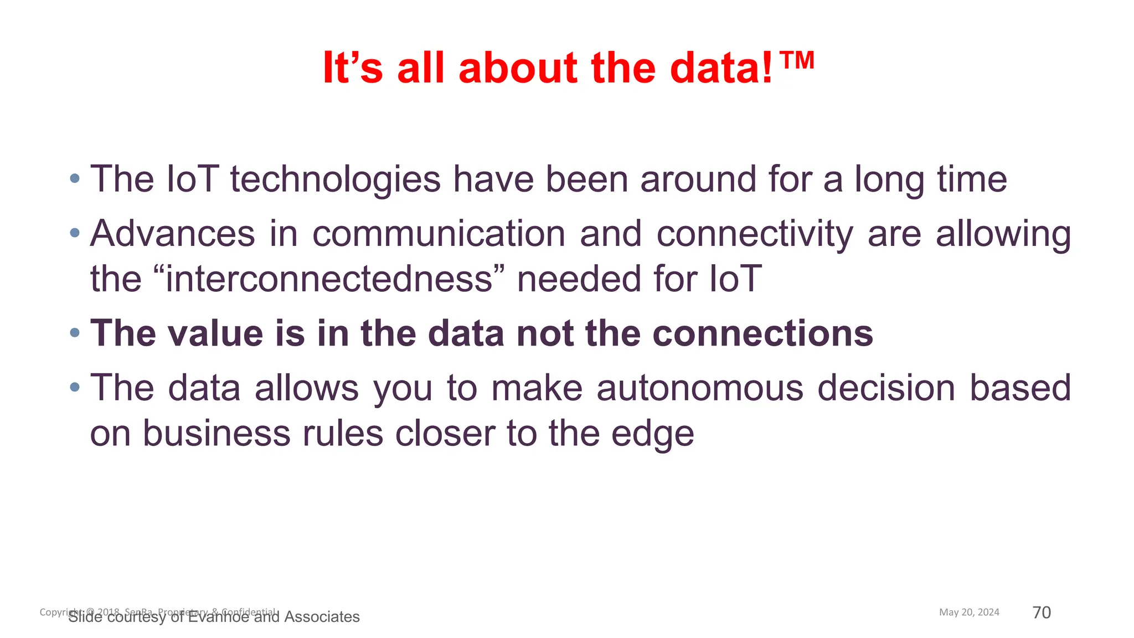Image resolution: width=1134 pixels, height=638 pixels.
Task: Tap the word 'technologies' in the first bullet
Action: pos(336,179)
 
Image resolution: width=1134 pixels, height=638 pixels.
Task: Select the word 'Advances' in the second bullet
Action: pos(173,234)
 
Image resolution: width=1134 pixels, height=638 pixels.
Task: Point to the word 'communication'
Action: pos(439,234)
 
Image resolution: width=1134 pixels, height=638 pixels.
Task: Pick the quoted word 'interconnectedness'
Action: pos(329,279)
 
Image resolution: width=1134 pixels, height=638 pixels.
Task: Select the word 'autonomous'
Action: pos(700,388)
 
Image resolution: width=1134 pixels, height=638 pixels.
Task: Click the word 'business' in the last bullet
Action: pos(217,433)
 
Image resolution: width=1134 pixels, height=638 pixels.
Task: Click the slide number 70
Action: pos(1042,613)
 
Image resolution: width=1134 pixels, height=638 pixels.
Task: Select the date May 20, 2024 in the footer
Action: pos(969,612)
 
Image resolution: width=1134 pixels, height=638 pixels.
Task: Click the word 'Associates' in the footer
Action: pos(322,617)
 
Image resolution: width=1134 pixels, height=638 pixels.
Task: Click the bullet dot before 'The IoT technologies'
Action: pos(75,179)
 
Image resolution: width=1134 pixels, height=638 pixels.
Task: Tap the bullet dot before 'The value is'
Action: pos(75,333)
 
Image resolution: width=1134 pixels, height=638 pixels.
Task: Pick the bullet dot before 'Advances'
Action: pos(75,233)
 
